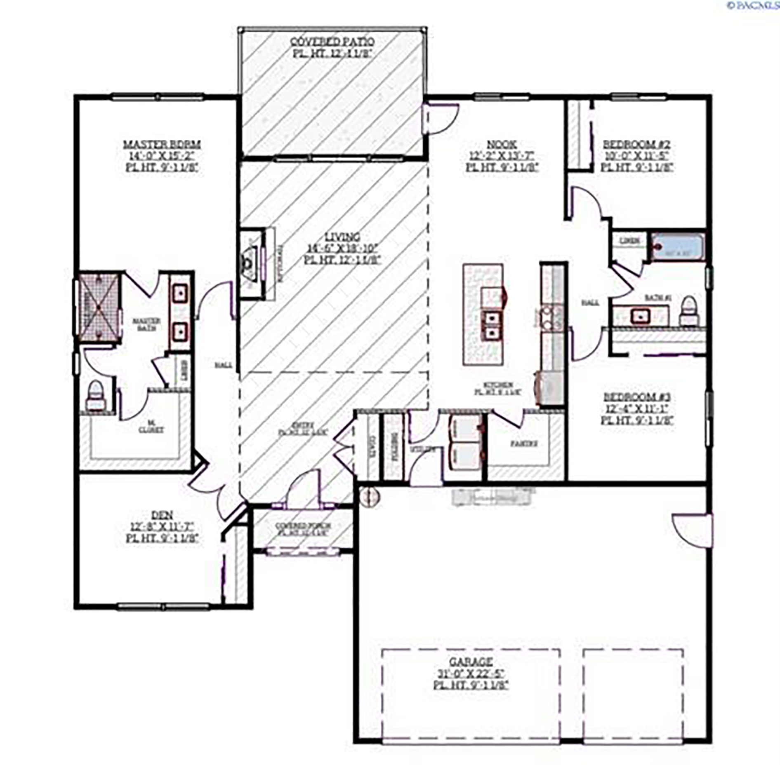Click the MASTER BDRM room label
162,145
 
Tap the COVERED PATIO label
332,42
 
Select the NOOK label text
502,145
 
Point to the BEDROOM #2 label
636,145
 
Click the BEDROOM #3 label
636,397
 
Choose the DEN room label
162,515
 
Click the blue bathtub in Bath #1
677,247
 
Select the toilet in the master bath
96,396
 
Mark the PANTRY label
523,444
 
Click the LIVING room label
342,237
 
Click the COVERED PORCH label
303,526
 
